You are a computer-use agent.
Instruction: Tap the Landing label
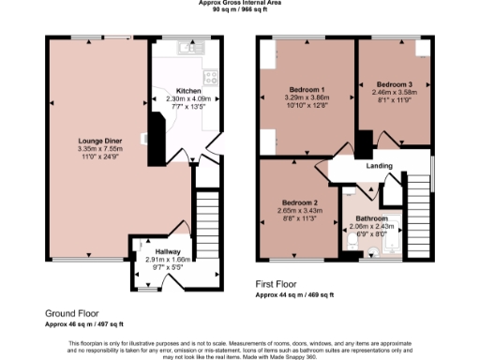tap(378, 167)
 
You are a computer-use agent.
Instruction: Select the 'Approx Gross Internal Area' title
tap(239, 3)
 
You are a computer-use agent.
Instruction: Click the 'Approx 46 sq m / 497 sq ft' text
tap(84, 323)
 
